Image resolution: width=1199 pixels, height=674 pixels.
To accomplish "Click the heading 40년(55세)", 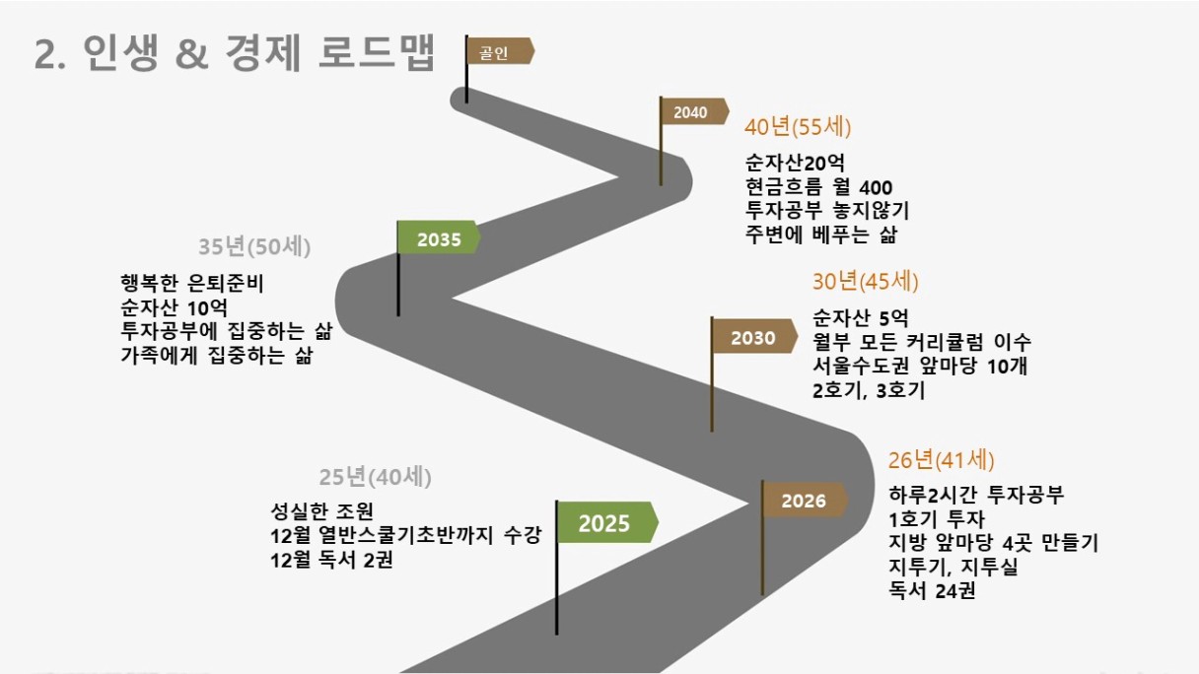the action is (x=798, y=127).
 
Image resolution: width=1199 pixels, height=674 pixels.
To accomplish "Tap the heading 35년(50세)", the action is (x=254, y=246).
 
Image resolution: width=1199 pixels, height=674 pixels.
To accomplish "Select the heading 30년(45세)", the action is (x=866, y=282).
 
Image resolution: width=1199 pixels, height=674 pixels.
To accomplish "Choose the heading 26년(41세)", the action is (x=941, y=460).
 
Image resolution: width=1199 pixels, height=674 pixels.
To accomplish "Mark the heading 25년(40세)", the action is (x=376, y=477).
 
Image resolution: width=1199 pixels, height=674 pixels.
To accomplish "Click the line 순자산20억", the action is (x=795, y=163).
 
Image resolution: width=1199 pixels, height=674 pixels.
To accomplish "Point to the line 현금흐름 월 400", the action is (x=819, y=187).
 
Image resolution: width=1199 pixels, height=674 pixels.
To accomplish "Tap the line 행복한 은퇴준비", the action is (x=191, y=284).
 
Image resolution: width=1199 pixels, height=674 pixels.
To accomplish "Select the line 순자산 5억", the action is (x=860, y=318).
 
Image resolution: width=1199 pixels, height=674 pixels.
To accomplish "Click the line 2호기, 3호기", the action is (x=869, y=390).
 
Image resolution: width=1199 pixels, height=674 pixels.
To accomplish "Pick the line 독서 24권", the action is (x=932, y=590).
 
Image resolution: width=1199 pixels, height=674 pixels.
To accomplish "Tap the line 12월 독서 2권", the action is (x=331, y=560).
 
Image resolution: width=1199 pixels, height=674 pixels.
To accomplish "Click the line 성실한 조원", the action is (x=321, y=511).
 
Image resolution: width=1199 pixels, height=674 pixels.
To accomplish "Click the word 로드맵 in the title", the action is (x=377, y=52).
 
